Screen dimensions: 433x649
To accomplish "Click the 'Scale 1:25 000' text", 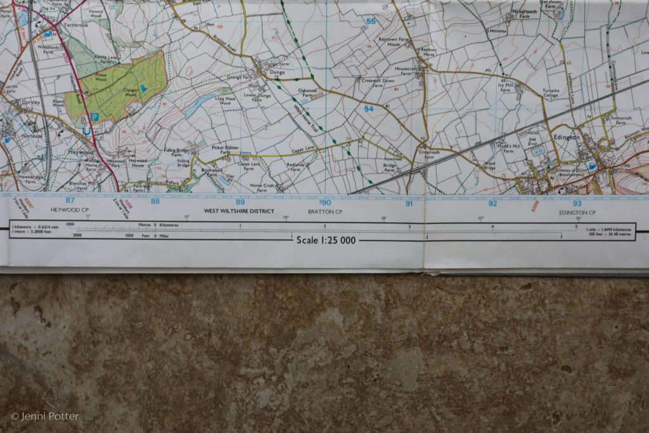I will (326, 240).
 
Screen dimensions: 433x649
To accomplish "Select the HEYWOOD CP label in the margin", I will (70, 209).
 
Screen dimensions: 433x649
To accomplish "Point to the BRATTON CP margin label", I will (325, 212).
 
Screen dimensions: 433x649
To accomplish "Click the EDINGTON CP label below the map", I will (577, 212).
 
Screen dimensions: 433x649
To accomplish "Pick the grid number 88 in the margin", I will (155, 201).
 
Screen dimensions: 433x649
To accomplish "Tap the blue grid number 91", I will (409, 204).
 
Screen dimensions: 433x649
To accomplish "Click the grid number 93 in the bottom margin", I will (577, 204).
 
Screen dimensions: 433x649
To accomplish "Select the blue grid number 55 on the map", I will (371, 22).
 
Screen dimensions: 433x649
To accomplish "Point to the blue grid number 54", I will (369, 109).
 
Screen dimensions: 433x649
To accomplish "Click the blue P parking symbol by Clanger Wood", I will (94, 117).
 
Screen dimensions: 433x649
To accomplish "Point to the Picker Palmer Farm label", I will (224, 150).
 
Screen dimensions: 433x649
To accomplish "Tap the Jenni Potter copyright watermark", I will (44, 417).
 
